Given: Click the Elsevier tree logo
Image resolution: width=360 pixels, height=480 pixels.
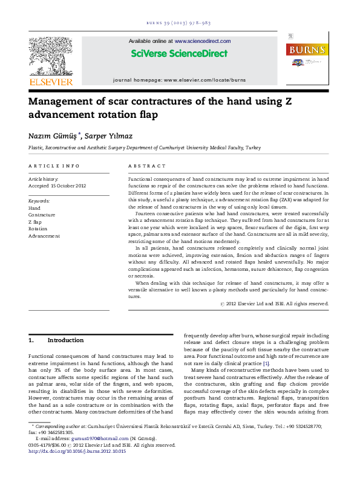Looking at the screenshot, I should click(x=51, y=57).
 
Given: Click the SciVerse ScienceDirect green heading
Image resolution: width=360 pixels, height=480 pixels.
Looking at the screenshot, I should click(x=180, y=54).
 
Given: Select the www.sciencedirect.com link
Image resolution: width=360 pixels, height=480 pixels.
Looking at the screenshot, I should click(x=203, y=41).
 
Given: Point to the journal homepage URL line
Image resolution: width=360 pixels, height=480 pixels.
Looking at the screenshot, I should click(x=180, y=80).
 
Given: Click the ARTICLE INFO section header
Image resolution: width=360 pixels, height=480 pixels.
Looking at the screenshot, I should click(x=54, y=166).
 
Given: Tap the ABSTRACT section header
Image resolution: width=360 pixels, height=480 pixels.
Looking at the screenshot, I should click(x=147, y=166).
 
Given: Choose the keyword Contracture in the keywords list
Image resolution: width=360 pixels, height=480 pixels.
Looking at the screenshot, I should click(x=42, y=215).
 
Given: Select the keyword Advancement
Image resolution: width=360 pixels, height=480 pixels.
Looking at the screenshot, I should click(x=44, y=236).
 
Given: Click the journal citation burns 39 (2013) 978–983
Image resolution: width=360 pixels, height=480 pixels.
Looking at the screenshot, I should click(x=180, y=22).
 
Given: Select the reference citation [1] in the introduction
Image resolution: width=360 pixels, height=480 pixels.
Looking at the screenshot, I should click(x=266, y=363).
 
